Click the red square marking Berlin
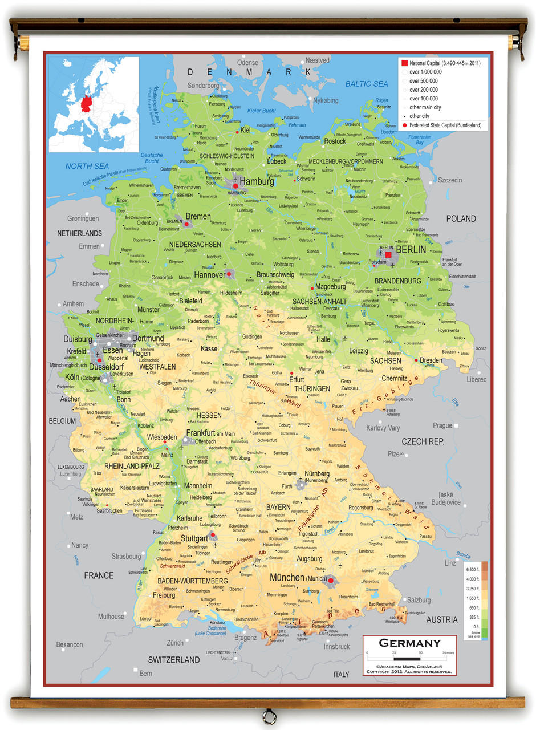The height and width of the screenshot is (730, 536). [388, 254]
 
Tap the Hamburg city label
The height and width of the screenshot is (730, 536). [257, 181]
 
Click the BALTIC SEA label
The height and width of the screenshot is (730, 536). [366, 84]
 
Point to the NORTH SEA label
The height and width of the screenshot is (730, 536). [87, 166]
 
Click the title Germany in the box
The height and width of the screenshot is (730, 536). [409, 643]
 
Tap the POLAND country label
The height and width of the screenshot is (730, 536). [461, 218]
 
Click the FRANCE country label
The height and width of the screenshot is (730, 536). [99, 575]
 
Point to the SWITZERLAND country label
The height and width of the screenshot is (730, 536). [174, 660]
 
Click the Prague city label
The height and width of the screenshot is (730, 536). [442, 425]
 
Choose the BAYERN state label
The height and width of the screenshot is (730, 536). [279, 506]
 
